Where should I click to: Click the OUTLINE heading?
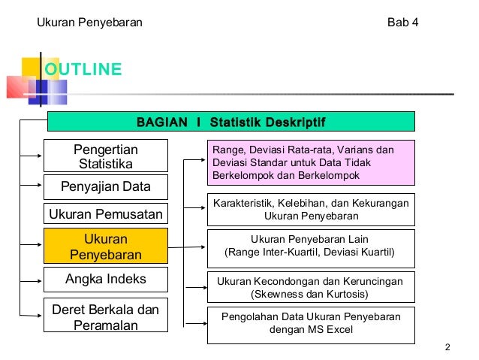pyautogui.click(x=83, y=70)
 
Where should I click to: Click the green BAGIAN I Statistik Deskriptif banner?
pyautogui.click(x=230, y=122)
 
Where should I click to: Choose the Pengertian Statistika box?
pyautogui.click(x=105, y=156)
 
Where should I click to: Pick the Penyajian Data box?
pyautogui.click(x=105, y=186)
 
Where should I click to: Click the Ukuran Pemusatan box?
pyautogui.click(x=105, y=215)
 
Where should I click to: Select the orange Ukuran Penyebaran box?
pyautogui.click(x=105, y=247)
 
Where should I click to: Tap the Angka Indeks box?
pyautogui.click(x=105, y=280)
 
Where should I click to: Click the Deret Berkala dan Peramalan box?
pyautogui.click(x=105, y=317)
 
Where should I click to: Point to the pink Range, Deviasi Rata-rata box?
pyautogui.click(x=311, y=162)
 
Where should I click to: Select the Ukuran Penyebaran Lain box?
pyautogui.click(x=311, y=246)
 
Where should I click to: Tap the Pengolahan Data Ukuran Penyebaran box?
pyautogui.click(x=311, y=323)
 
